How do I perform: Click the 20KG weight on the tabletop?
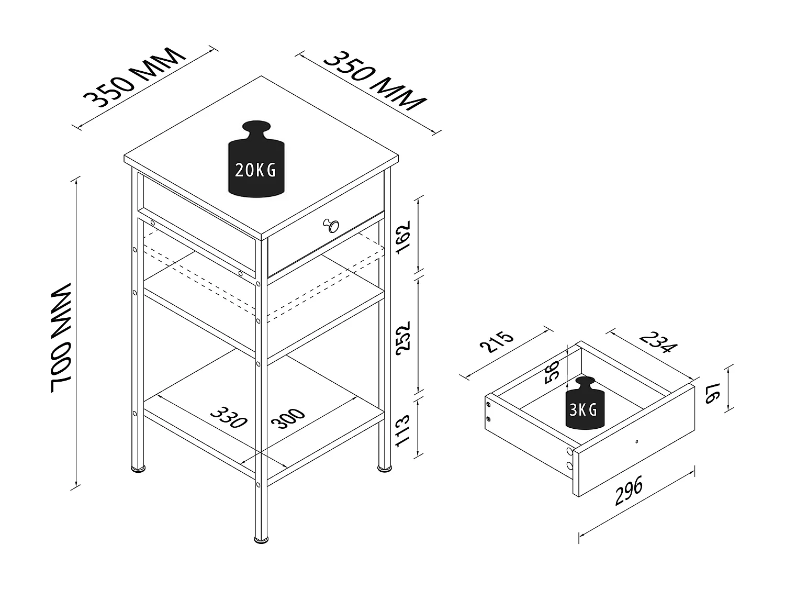pyautogui.click(x=256, y=159)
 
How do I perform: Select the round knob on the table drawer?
pyautogui.click(x=331, y=225)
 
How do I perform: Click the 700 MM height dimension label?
pyautogui.click(x=62, y=338)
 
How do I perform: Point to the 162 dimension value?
pyautogui.click(x=402, y=237)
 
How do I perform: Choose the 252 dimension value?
pyautogui.click(x=403, y=338)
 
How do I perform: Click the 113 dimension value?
pyautogui.click(x=402, y=430)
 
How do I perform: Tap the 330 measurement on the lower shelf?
pyautogui.click(x=229, y=417)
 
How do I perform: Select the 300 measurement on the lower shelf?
pyautogui.click(x=288, y=418)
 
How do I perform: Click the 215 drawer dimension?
pyautogui.click(x=497, y=342)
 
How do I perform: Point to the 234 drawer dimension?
pyautogui.click(x=658, y=342)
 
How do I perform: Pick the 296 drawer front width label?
pyautogui.click(x=629, y=490)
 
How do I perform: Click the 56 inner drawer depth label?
pyautogui.click(x=552, y=372)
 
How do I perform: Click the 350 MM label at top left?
pyautogui.click(x=134, y=77)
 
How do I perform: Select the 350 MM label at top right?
pyautogui.click(x=375, y=81)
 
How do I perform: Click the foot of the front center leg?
pyautogui.click(x=261, y=549)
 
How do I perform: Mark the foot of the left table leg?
pyautogui.click(x=138, y=468)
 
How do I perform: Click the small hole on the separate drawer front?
pyautogui.click(x=636, y=442)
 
